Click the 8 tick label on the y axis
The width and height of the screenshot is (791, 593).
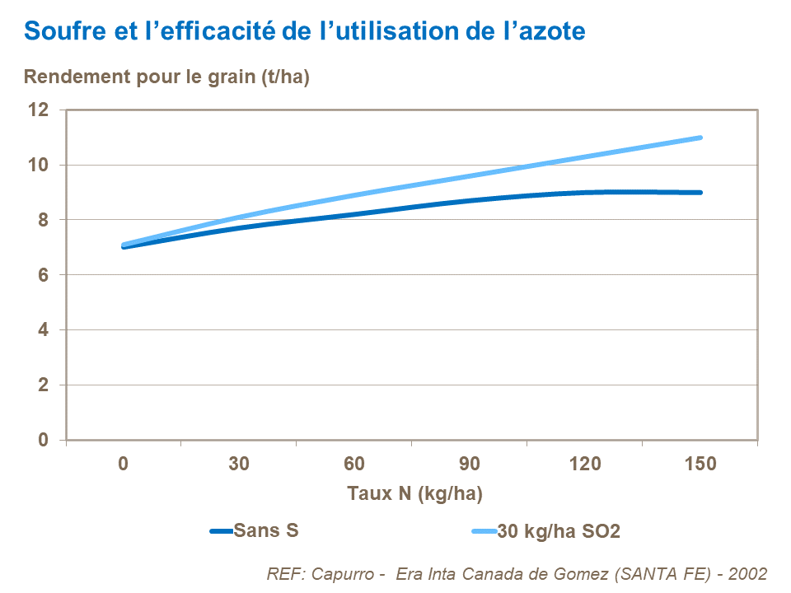(x=44, y=220)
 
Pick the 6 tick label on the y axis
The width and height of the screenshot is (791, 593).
(x=44, y=275)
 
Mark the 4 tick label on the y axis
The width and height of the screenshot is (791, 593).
(x=44, y=330)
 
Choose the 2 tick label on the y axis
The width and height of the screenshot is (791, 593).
(x=44, y=385)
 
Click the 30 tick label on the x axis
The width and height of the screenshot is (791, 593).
(x=239, y=464)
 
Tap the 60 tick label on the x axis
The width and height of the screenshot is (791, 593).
(x=354, y=464)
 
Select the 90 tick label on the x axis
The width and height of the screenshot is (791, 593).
(x=470, y=464)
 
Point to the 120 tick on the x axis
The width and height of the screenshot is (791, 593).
(x=585, y=464)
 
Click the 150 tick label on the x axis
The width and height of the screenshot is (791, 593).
(x=700, y=464)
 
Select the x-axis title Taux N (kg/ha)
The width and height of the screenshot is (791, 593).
(x=414, y=494)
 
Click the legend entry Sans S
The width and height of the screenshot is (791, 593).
(x=265, y=530)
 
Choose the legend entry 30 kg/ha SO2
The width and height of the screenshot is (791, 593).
(x=558, y=531)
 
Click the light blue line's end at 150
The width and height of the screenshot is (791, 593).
(x=700, y=138)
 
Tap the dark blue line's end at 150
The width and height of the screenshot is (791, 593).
(x=700, y=193)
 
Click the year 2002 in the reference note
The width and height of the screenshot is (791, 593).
(x=747, y=573)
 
